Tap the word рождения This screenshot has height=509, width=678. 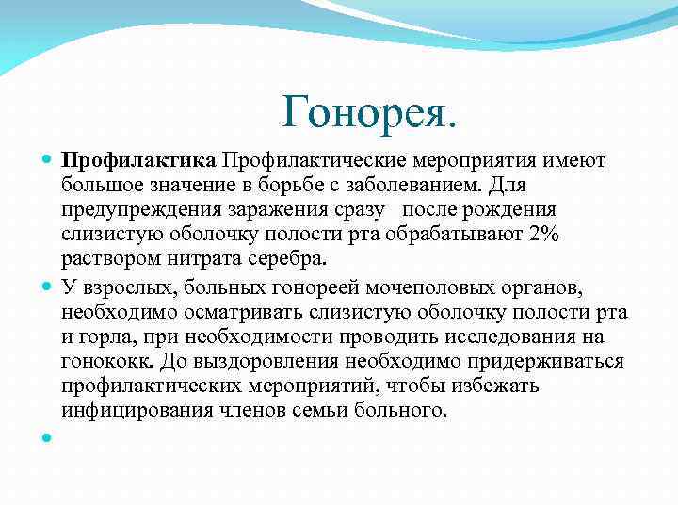click(516, 209)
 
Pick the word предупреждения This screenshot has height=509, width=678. click(137, 209)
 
